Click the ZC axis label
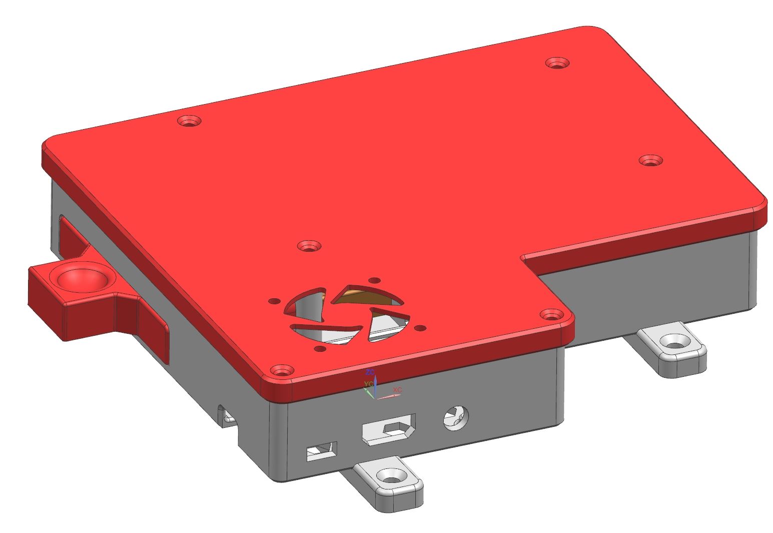(370, 372)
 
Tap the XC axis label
(397, 389)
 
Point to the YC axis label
(368, 384)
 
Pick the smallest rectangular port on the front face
(321, 451)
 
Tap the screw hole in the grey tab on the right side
(673, 342)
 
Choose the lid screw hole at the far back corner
(557, 63)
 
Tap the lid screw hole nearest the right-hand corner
(650, 161)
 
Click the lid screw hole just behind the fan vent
(309, 246)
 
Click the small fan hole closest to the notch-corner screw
(421, 328)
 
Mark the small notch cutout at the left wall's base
(226, 415)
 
